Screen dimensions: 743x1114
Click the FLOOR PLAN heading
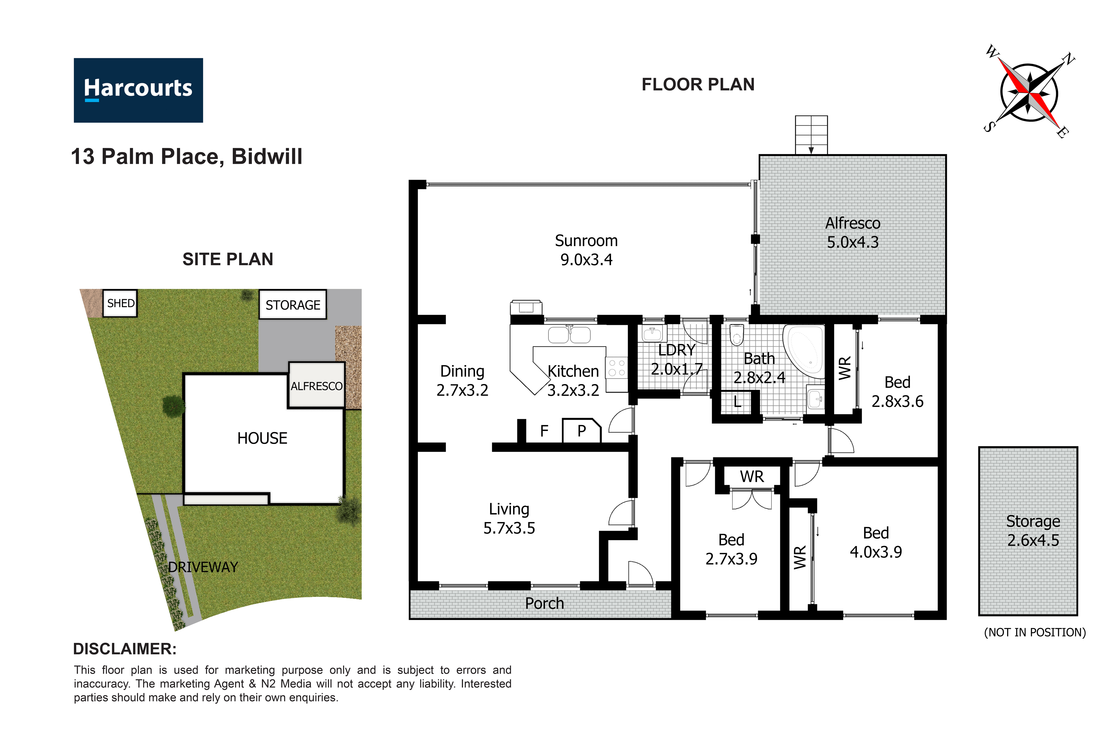pos(698,84)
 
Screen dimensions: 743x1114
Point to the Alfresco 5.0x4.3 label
pos(852,233)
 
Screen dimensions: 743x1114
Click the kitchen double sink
pos(569,335)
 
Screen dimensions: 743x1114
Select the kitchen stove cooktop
pos(616,368)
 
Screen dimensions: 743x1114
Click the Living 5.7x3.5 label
pos(509,518)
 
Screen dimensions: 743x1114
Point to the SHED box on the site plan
pos(120,303)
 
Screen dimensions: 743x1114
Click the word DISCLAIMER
pos(124,649)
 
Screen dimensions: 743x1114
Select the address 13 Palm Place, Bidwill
pos(187,156)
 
